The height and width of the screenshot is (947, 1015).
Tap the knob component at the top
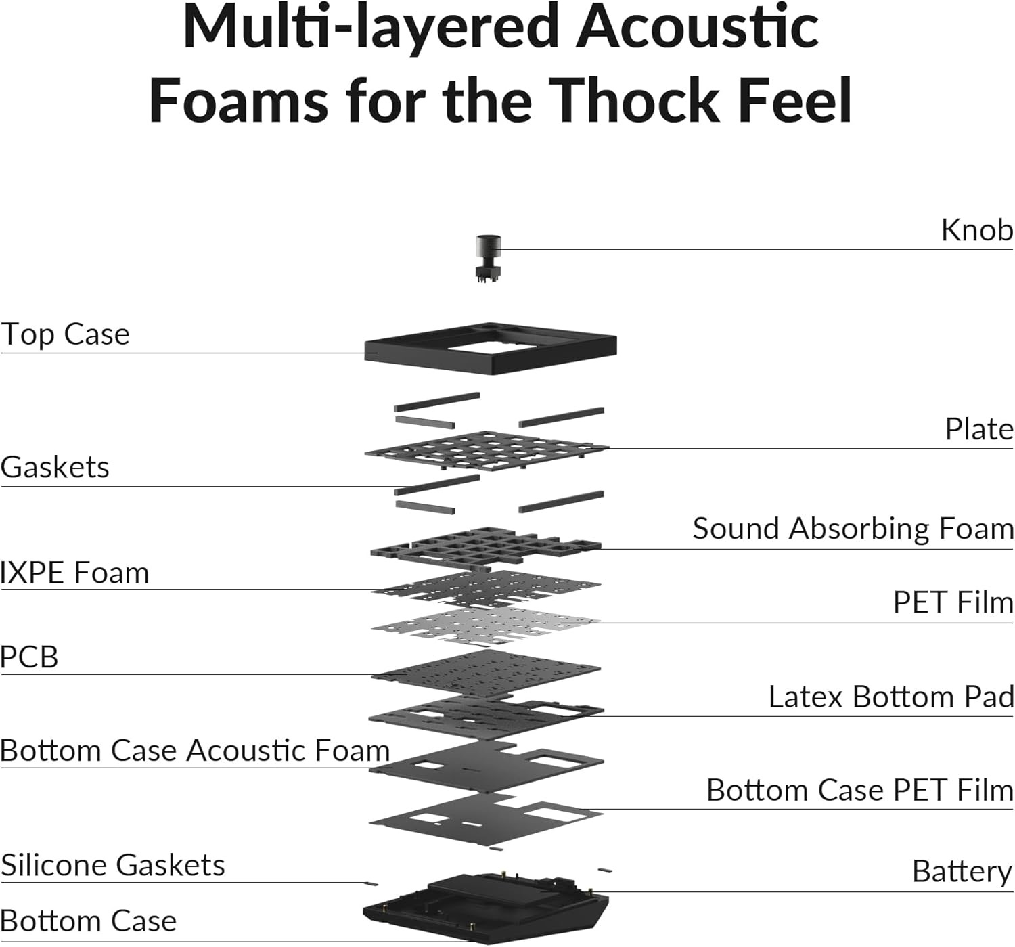click(488, 258)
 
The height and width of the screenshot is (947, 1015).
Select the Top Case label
click(65, 335)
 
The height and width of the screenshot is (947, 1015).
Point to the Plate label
click(978, 429)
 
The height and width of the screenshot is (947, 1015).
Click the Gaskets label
click(55, 467)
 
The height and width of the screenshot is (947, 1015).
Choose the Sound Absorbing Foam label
click(853, 528)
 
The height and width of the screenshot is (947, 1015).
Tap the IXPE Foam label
click(74, 573)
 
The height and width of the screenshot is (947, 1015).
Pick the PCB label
click(29, 657)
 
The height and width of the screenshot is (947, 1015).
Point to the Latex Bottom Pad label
click(890, 697)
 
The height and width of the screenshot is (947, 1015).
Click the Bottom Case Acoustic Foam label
click(195, 751)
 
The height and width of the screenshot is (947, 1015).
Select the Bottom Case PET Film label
click(859, 790)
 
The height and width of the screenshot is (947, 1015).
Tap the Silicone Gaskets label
click(112, 865)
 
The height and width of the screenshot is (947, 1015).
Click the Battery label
click(962, 873)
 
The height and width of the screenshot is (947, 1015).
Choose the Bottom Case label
click(89, 921)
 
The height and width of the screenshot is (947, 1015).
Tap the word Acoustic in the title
click(697, 27)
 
